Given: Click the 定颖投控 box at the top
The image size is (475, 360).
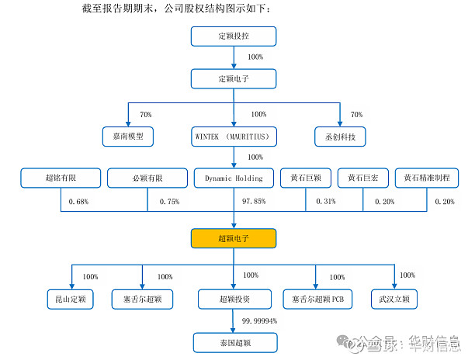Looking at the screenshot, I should click(234, 36).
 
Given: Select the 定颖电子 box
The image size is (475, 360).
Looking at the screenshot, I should click(234, 78).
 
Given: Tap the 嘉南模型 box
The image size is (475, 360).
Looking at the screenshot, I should click(129, 137).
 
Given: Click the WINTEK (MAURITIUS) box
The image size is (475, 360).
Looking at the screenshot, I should click(234, 137).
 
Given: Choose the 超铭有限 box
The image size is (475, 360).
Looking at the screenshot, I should click(61, 178).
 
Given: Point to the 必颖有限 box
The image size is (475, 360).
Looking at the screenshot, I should click(147, 178).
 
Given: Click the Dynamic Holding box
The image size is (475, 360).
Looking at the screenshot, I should click(234, 178).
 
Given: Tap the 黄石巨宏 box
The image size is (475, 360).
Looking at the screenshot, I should click(363, 178).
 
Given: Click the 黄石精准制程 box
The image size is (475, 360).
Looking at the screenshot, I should click(427, 178).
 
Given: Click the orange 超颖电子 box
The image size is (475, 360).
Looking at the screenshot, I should click(234, 238).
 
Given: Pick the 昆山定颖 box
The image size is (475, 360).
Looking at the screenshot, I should click(71, 299).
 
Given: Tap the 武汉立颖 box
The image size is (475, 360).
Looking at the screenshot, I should click(394, 299).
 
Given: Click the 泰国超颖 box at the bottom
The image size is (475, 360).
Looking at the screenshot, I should click(234, 341).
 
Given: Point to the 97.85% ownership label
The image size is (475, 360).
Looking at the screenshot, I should click(254, 202).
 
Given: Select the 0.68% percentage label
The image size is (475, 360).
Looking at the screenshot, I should click(79, 202).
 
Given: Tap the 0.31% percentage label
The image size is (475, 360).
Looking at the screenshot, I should click(326, 202).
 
